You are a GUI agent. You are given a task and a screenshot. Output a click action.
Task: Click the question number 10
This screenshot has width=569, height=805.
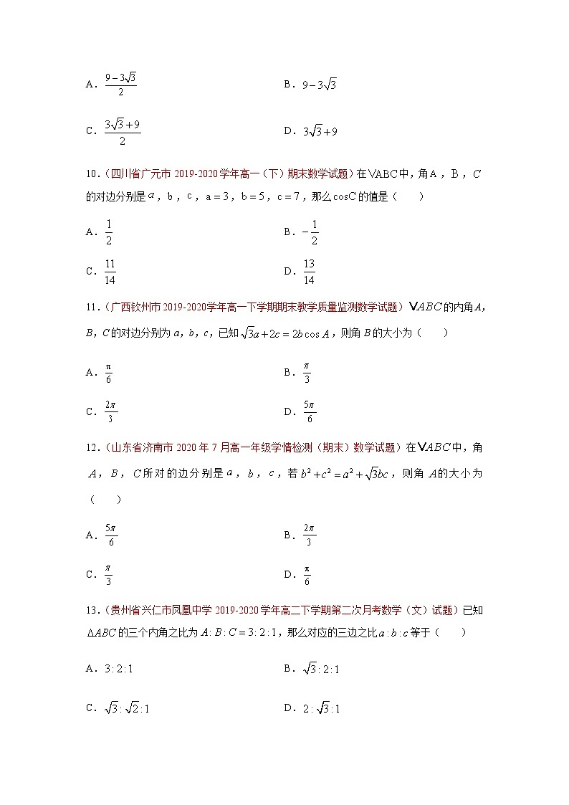pyautogui.click(x=90, y=174)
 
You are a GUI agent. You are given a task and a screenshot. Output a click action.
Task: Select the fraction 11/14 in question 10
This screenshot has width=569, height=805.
pyautogui.click(x=110, y=271)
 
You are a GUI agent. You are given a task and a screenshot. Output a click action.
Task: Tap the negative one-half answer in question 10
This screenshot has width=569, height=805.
pyautogui.click(x=310, y=232)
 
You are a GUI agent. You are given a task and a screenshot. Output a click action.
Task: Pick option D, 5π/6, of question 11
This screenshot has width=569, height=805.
pyautogui.click(x=309, y=411)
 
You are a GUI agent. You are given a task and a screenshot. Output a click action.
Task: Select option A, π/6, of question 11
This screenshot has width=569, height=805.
pyautogui.click(x=108, y=372)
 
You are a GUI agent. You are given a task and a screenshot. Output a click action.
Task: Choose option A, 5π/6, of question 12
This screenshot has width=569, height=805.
pyautogui.click(x=110, y=535)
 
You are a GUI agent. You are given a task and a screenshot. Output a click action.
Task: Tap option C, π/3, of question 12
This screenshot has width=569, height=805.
pyautogui.click(x=108, y=574)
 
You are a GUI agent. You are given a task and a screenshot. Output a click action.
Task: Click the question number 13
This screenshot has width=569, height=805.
pyautogui.click(x=90, y=611)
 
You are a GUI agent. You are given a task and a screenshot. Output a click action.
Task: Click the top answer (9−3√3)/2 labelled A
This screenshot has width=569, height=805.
pyautogui.click(x=120, y=84)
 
